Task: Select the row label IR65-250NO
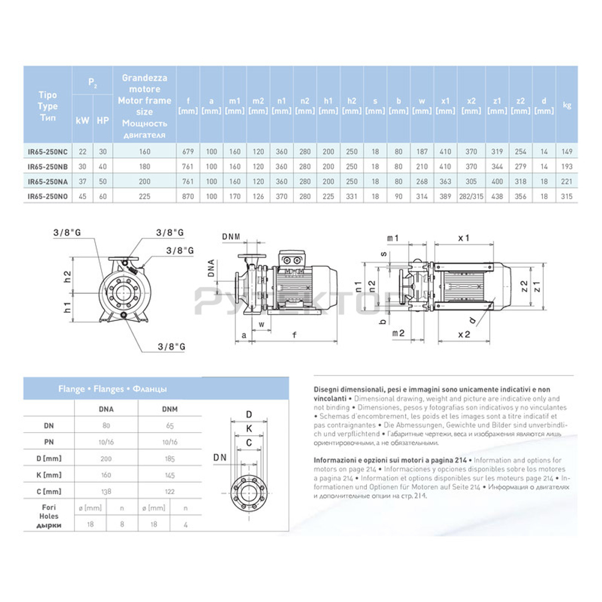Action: [48, 197]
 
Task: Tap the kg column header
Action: [566, 105]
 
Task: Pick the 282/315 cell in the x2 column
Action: [471, 197]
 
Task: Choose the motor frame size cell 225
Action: [144, 197]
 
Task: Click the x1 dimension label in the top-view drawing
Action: [463, 238]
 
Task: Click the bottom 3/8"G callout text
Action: [170, 347]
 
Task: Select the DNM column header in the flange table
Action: [170, 409]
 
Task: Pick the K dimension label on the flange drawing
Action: [248, 429]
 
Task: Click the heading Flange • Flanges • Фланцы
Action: [113, 389]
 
